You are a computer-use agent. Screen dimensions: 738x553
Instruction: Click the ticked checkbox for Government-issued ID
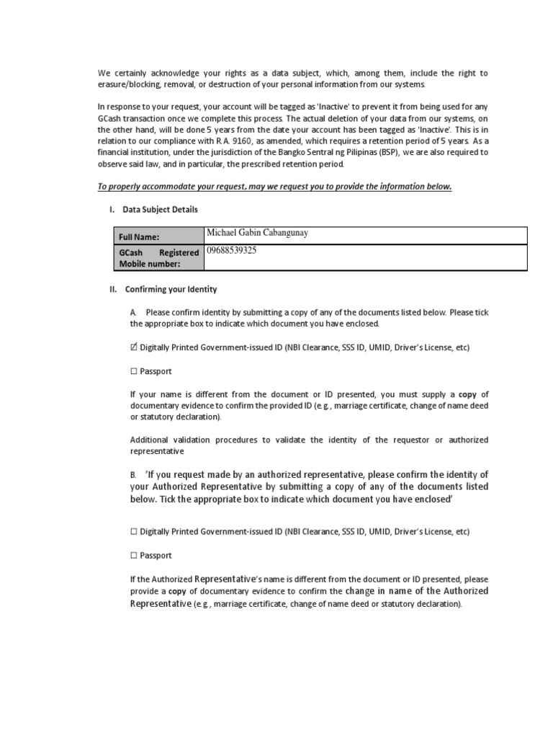click(x=134, y=347)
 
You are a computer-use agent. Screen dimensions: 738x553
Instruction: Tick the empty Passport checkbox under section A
click(x=134, y=372)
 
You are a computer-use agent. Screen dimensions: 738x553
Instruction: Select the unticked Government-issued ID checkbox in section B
click(x=134, y=532)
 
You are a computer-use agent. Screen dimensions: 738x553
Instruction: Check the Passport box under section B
click(x=134, y=556)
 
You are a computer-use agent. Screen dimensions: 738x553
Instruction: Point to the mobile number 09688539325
click(x=231, y=251)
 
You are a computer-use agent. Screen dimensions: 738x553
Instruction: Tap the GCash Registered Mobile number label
click(x=158, y=258)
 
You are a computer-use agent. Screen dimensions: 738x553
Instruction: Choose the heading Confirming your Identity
click(x=171, y=290)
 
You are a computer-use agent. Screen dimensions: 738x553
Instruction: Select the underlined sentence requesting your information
click(x=274, y=187)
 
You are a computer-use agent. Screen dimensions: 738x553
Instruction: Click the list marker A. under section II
click(x=133, y=312)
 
